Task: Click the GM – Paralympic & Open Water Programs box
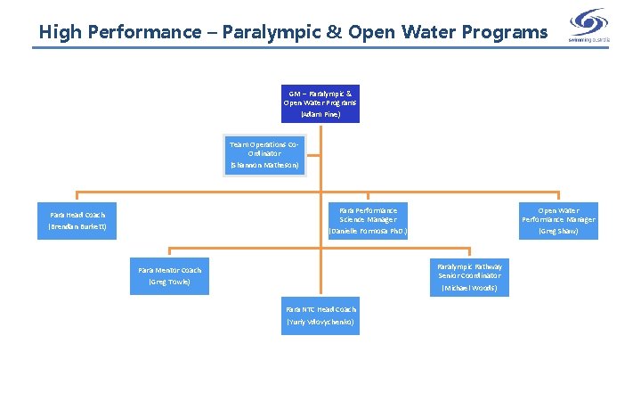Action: pyautogui.click(x=320, y=102)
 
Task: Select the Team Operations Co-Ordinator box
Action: pyautogui.click(x=265, y=154)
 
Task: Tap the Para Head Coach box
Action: pyautogui.click(x=77, y=220)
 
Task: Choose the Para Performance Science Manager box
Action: pyautogui.click(x=368, y=220)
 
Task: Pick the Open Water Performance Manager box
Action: pyautogui.click(x=558, y=220)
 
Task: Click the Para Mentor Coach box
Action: pyautogui.click(x=169, y=276)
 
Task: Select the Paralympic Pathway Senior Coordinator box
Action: pyautogui.click(x=469, y=276)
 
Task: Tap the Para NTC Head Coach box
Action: pyautogui.click(x=320, y=315)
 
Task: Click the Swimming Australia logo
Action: pyautogui.click(x=589, y=23)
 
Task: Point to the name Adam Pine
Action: pyautogui.click(x=320, y=115)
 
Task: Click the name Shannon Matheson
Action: pyautogui.click(x=265, y=166)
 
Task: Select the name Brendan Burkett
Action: pyautogui.click(x=77, y=227)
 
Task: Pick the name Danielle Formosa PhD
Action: pyautogui.click(x=368, y=232)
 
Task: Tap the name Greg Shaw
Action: pyautogui.click(x=558, y=232)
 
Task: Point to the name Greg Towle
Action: pyautogui.click(x=169, y=282)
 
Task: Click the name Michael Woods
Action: pyautogui.click(x=469, y=289)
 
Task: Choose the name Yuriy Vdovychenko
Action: pyautogui.click(x=320, y=322)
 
